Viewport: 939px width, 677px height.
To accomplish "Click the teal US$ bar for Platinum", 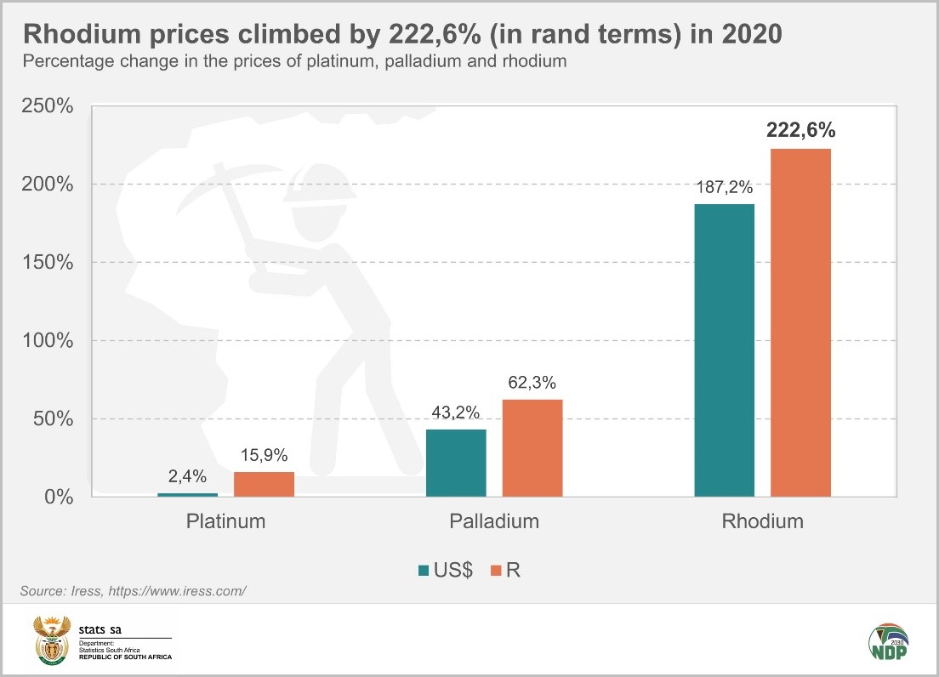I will (x=187, y=494).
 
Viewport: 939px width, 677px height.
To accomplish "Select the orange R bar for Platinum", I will (x=264, y=484).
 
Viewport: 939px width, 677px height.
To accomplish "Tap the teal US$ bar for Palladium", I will (x=456, y=463).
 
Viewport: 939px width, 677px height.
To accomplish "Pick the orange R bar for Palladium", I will (x=532, y=447).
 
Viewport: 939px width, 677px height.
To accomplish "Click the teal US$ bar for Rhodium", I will (x=724, y=350).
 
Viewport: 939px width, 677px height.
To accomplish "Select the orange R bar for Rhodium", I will (x=800, y=322).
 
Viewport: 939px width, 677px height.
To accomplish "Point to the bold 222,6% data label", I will (x=800, y=130).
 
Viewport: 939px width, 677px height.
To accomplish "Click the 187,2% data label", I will (x=724, y=186).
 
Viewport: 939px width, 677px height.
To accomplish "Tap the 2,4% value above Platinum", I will (x=187, y=476).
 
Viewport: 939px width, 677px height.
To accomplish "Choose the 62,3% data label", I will (x=532, y=382).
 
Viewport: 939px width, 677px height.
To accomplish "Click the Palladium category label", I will (x=494, y=521).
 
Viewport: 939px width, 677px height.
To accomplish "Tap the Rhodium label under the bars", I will (x=762, y=521).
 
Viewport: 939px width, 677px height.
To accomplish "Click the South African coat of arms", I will (x=52, y=640).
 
